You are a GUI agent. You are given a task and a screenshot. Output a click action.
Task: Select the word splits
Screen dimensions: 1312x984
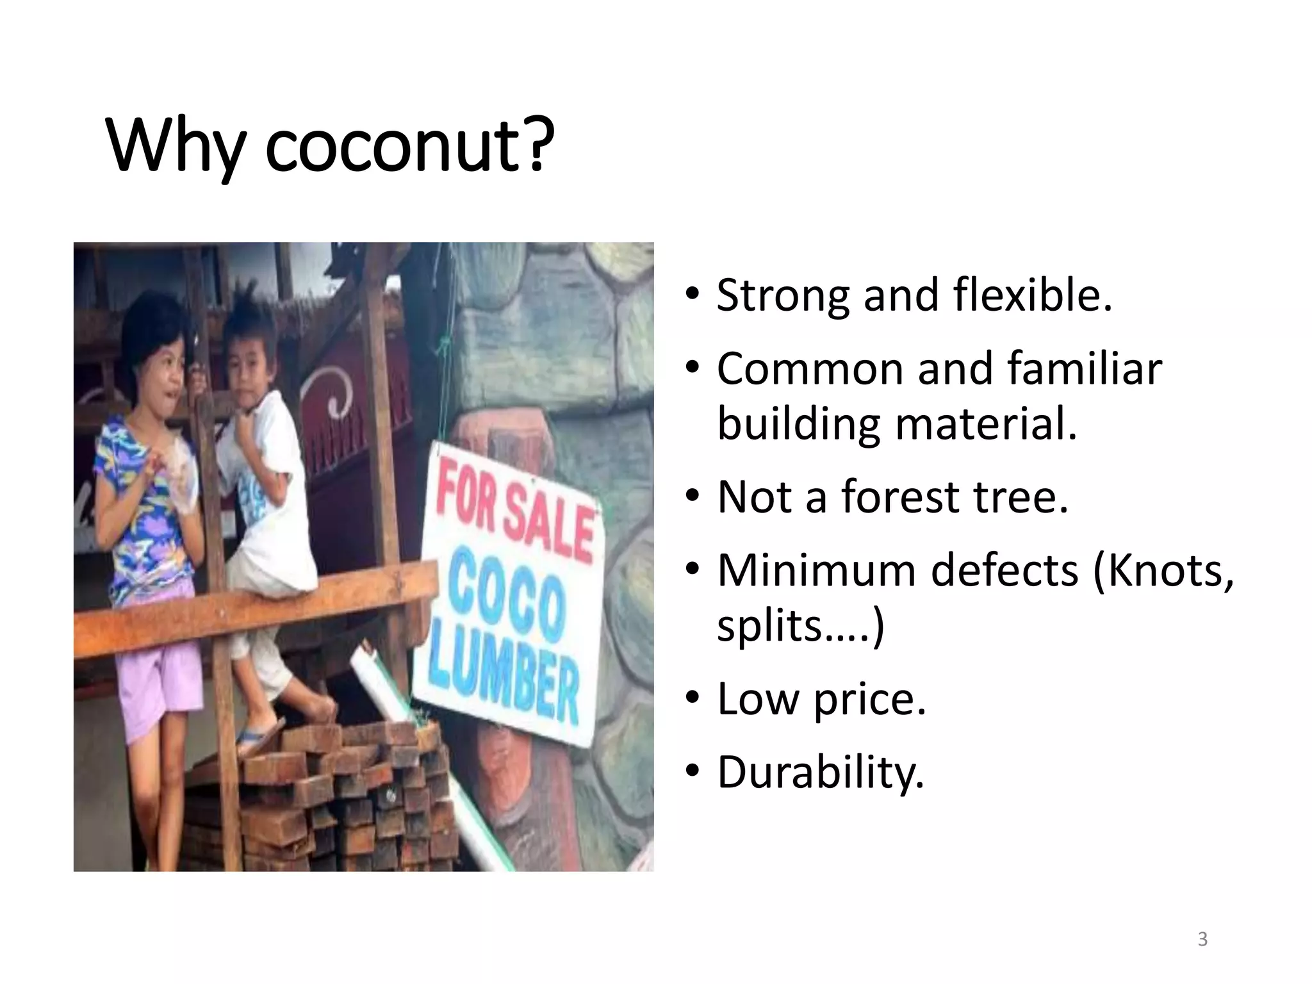point(769,626)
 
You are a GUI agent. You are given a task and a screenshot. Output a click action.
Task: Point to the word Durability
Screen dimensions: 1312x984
point(821,773)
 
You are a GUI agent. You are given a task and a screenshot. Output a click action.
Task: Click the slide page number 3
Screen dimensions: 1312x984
point(1202,939)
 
